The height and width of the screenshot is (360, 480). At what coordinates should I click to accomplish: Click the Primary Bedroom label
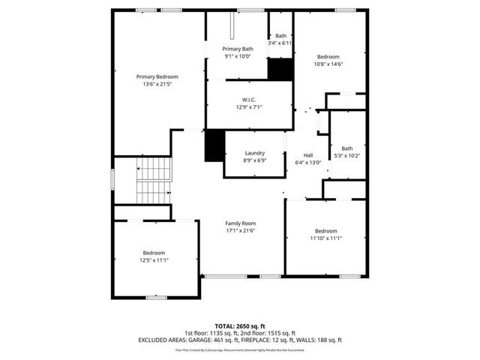pyautogui.click(x=157, y=76)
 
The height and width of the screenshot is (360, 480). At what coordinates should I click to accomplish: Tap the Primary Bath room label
pyautogui.click(x=238, y=49)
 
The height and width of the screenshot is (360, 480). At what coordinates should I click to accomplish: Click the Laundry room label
pyautogui.click(x=255, y=152)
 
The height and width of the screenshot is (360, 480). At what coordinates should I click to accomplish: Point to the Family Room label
pyautogui.click(x=241, y=223)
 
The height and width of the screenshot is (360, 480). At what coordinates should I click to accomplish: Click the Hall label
pyautogui.click(x=307, y=154)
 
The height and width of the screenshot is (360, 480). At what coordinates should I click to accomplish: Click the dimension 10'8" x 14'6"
pyautogui.click(x=328, y=64)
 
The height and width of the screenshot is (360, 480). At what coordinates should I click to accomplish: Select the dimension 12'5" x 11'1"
pyautogui.click(x=154, y=260)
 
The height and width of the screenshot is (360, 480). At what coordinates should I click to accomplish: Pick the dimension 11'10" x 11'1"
pyautogui.click(x=326, y=238)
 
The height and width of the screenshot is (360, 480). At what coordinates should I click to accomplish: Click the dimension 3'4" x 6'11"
pyautogui.click(x=280, y=43)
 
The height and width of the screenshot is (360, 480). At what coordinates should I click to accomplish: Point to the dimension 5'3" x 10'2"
pyautogui.click(x=346, y=155)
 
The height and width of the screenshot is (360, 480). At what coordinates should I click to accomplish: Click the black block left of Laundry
pyautogui.click(x=214, y=145)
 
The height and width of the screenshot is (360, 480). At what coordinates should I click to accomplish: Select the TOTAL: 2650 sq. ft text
pyautogui.click(x=240, y=326)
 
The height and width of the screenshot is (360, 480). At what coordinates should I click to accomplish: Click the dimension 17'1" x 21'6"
pyautogui.click(x=241, y=231)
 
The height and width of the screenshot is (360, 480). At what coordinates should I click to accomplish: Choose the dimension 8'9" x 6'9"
pyautogui.click(x=255, y=160)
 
